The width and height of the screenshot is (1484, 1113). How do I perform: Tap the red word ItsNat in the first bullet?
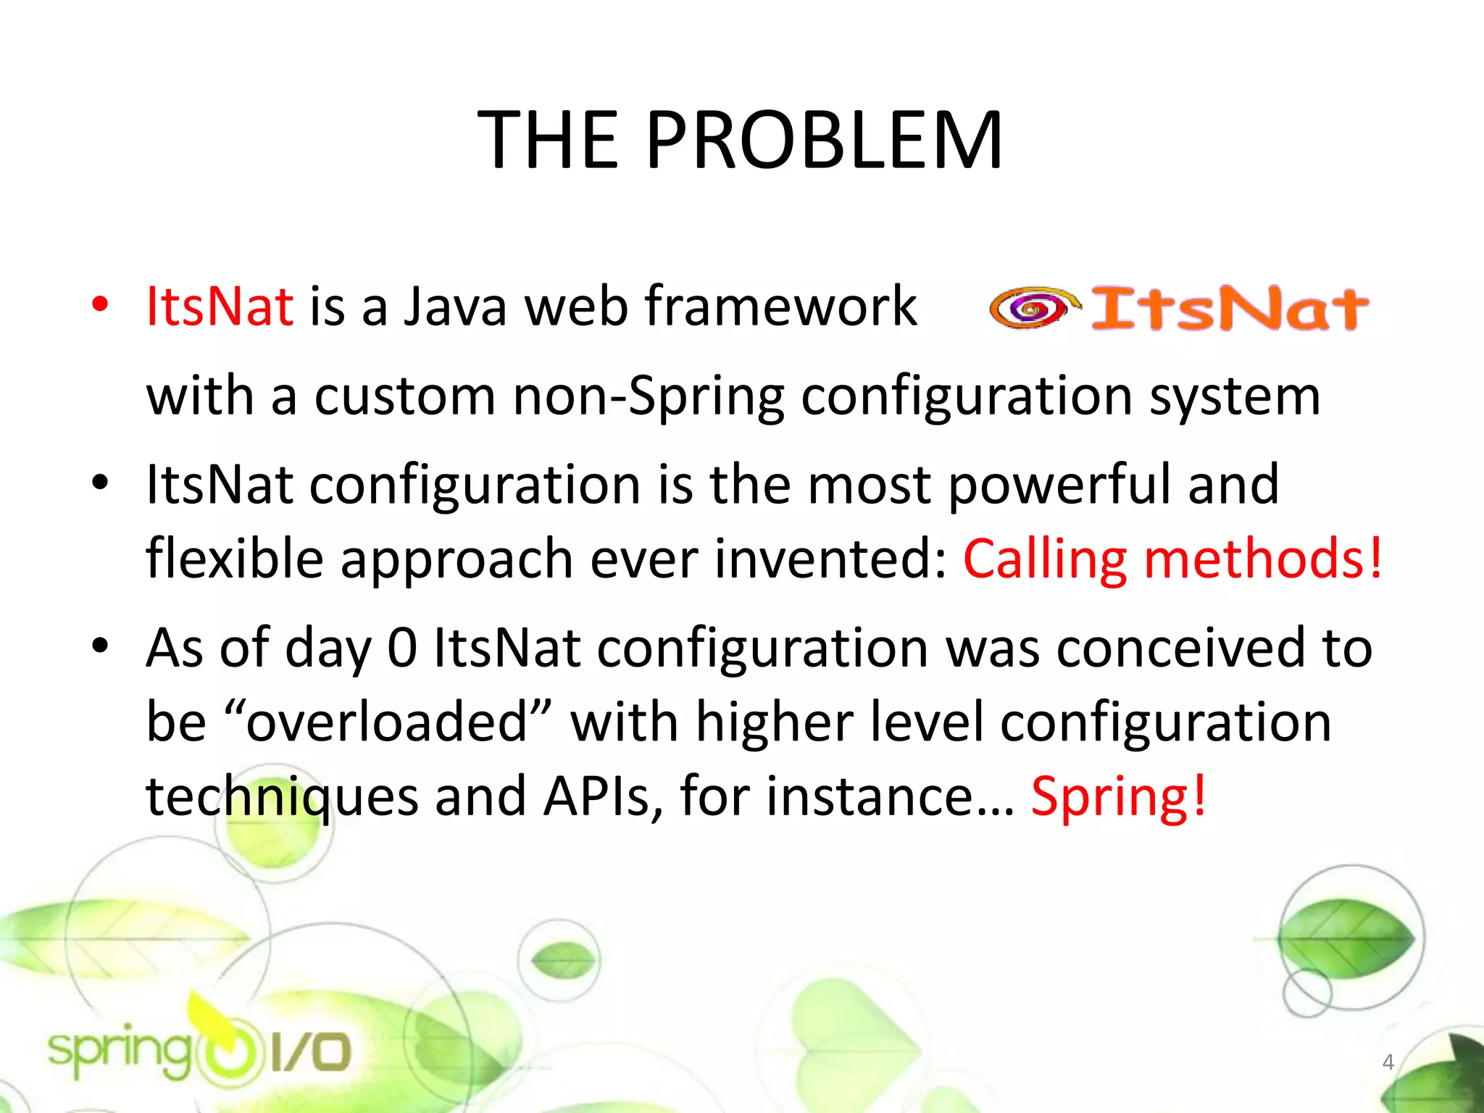220,307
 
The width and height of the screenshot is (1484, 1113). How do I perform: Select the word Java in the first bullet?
455,307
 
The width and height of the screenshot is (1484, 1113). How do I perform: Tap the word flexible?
234,559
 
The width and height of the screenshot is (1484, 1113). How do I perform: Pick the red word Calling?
1044,559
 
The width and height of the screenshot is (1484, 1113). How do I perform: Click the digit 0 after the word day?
402,647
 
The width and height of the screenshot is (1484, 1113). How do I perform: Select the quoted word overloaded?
385,722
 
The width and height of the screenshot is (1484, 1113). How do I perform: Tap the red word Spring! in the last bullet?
1119,796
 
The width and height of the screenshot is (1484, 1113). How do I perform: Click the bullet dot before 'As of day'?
100,644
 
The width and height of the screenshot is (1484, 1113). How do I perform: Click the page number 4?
1388,1062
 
